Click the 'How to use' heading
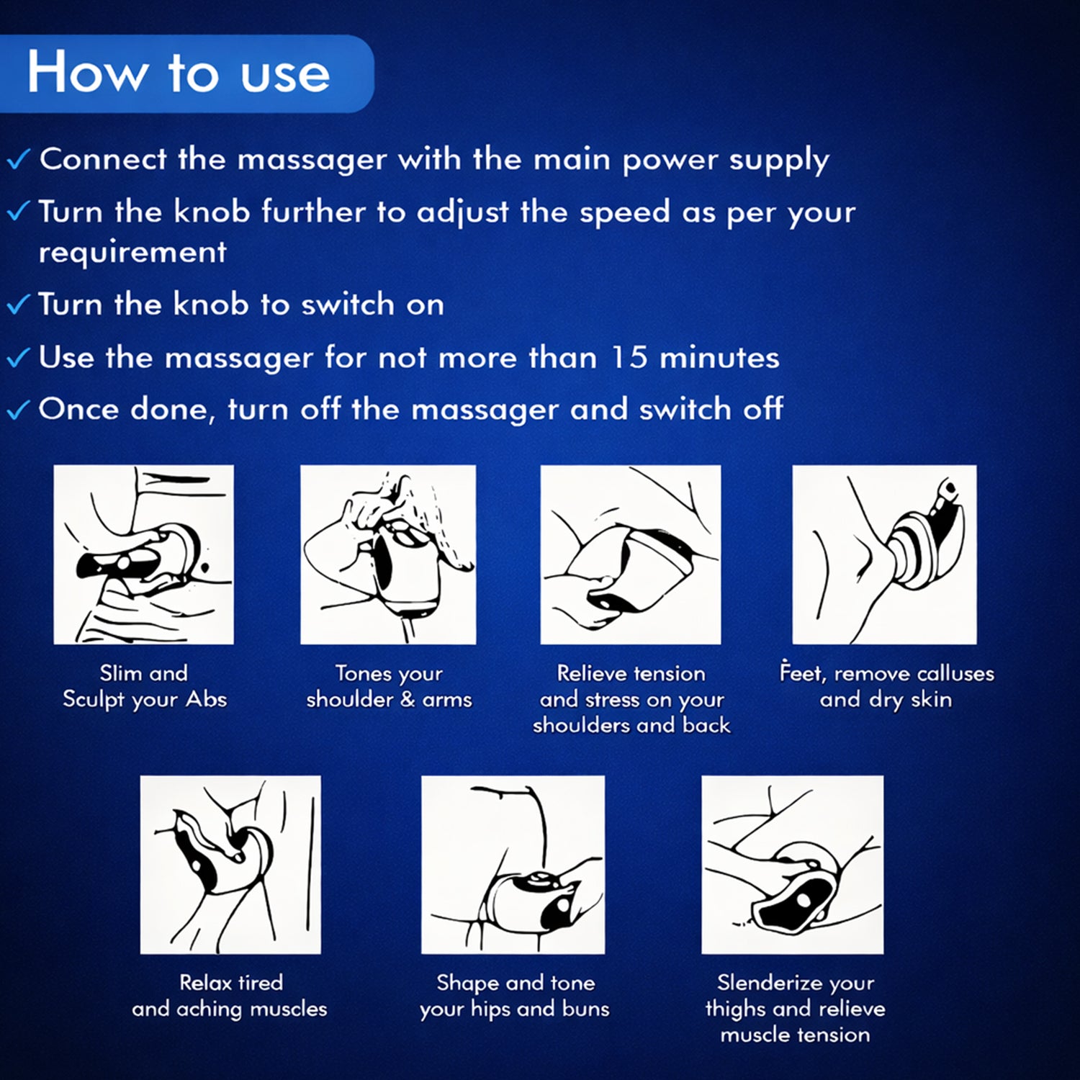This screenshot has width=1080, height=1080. point(179,73)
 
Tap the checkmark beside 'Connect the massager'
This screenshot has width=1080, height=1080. point(18,159)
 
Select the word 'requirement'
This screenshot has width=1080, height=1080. point(132,253)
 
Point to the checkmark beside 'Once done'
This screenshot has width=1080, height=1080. point(18,410)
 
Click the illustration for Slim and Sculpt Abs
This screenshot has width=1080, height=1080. point(143,554)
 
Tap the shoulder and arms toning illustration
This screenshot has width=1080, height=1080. point(388,554)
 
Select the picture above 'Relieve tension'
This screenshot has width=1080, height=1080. point(630,554)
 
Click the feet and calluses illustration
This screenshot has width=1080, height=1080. point(884,554)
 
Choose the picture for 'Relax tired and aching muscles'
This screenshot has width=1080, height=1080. point(230,864)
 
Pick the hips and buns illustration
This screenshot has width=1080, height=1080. point(513,864)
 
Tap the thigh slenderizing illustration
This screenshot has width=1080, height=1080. point(792,864)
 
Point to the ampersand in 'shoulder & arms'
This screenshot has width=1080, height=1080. point(408,700)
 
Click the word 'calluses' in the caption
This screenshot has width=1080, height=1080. point(955,674)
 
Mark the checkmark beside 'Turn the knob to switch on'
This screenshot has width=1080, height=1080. point(18,305)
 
